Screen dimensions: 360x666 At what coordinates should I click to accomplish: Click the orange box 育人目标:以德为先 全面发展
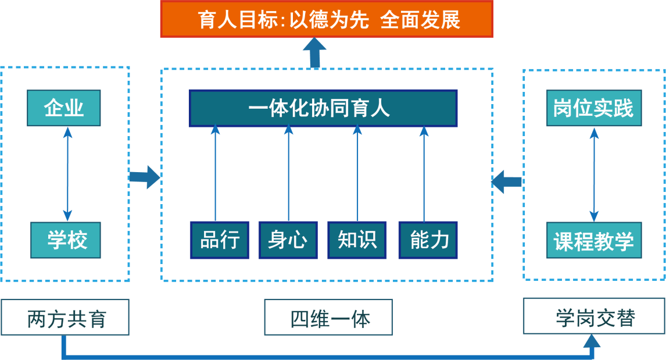coord(327,19)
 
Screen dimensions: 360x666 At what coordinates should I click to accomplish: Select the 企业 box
coord(63,108)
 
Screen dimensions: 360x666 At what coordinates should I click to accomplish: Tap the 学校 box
coord(65,240)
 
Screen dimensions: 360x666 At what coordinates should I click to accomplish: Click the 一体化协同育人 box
coord(323,108)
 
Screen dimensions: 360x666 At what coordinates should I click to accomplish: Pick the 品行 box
coord(219,240)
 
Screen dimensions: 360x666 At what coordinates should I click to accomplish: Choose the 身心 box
coord(288,240)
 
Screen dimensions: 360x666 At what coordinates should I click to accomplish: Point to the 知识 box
coord(357,240)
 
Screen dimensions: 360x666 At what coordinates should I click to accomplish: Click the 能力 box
coord(428,240)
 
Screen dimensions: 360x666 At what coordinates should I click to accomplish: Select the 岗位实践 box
coord(594,108)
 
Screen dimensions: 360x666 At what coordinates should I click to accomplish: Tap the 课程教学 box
coord(594,240)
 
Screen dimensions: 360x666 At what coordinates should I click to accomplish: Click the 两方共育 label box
coord(65,318)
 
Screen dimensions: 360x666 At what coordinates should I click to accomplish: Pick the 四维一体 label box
coord(328,318)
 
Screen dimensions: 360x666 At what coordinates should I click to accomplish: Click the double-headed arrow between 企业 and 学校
coord(67,174)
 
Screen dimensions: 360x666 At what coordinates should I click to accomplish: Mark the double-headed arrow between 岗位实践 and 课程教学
coord(593,174)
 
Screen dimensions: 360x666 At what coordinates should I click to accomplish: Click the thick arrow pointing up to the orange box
coord(315,53)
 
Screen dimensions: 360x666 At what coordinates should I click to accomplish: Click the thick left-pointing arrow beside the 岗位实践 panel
coord(506,181)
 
